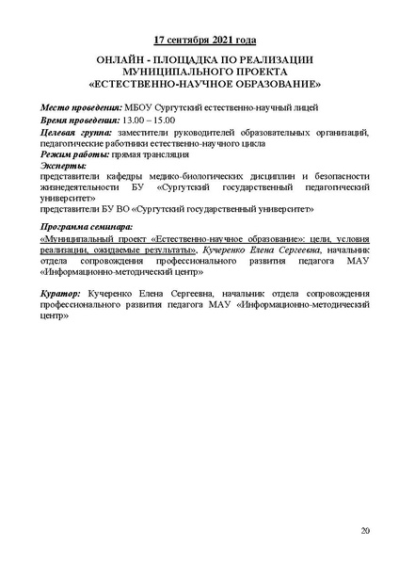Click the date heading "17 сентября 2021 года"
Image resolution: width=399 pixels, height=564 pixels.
(x=205, y=41)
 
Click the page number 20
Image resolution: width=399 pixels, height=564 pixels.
(x=365, y=533)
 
